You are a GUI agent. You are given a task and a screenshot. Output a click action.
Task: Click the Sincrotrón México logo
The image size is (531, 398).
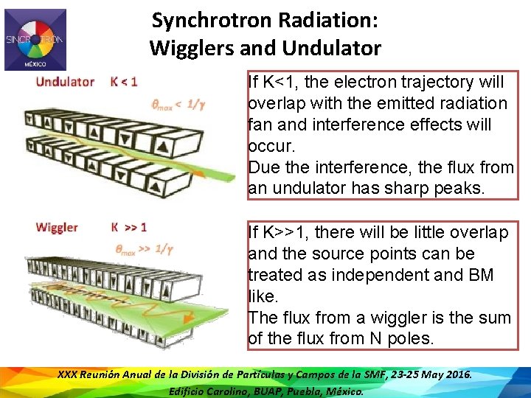tap(35, 39)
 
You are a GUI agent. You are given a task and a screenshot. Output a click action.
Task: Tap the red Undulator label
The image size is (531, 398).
tap(65, 82)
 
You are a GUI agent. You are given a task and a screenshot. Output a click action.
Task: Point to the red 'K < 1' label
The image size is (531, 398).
tap(124, 82)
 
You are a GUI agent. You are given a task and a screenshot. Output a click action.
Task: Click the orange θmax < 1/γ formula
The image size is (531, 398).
tap(178, 105)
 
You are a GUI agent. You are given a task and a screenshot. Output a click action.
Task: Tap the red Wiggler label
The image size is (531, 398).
tap(56, 227)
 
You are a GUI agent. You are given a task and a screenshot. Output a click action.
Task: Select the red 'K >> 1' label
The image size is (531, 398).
tap(129, 227)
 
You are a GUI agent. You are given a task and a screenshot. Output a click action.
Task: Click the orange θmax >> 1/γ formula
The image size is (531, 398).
tap(144, 249)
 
